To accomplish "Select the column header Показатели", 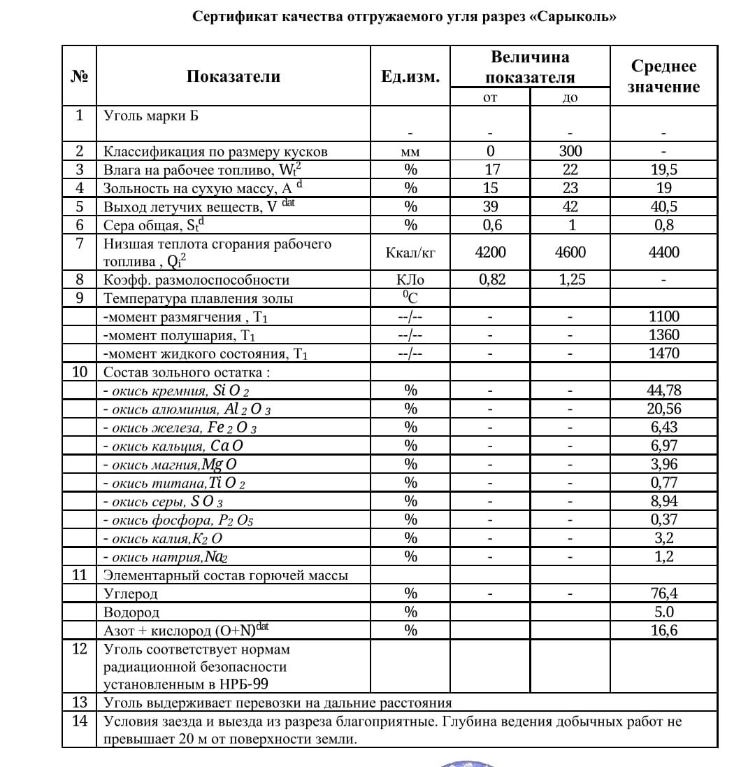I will [233, 76].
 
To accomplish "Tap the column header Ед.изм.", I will [410, 76].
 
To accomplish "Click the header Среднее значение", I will [663, 76].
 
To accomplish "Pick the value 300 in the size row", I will [570, 151].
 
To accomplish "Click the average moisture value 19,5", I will [663, 169].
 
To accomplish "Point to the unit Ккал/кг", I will [410, 253].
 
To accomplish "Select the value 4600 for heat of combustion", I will [570, 253].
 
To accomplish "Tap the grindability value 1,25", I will [570, 280].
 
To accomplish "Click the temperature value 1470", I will [663, 353].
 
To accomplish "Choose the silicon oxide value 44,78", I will [663, 390].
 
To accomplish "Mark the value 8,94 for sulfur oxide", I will [663, 501].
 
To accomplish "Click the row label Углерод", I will [131, 594].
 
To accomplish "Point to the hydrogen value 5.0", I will [663, 612].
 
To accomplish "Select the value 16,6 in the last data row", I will [663, 631].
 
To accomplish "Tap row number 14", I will [79, 721].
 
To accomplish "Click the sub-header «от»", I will [490, 98].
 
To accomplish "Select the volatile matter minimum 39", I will [490, 206].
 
